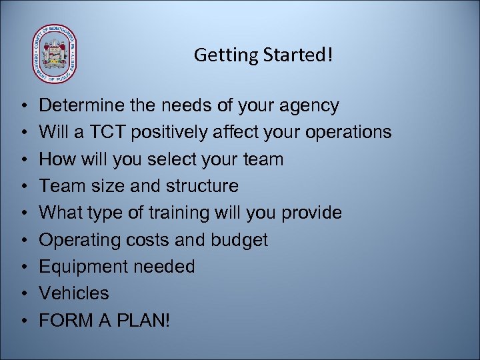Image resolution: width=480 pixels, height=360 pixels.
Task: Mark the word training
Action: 185,213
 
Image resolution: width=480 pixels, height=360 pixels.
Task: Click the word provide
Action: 311,213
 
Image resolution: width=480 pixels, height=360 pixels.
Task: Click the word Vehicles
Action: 74,293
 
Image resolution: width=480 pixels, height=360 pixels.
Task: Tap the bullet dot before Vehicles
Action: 23,294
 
